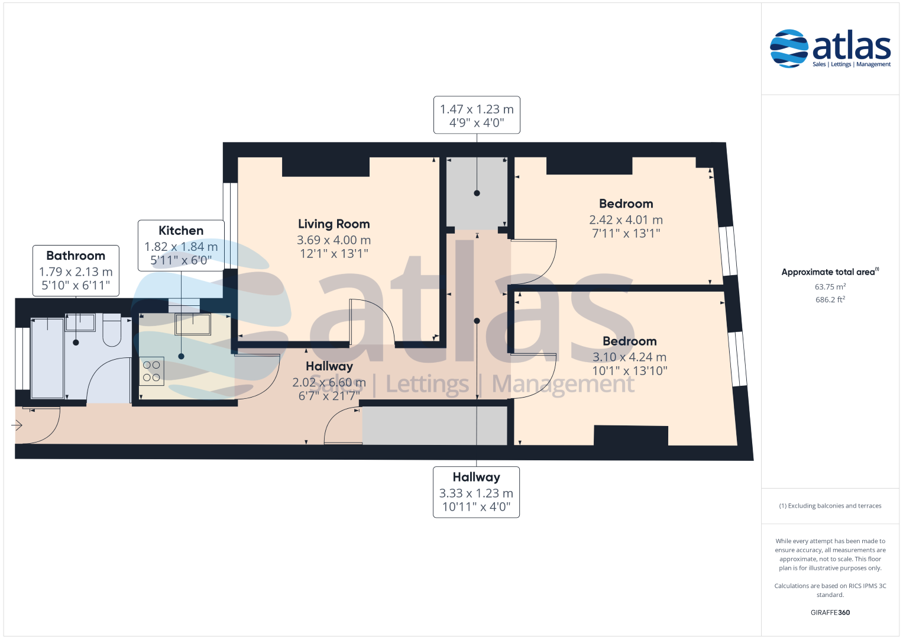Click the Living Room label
click(334, 224)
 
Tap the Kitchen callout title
click(181, 230)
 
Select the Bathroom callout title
click(76, 256)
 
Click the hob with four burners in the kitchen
click(151, 371)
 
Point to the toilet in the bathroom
click(112, 330)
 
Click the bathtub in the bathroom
click(47, 358)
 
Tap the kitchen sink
click(193, 324)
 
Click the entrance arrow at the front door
click(17, 425)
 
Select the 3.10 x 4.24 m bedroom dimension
click(629, 357)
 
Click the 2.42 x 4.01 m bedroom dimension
click(626, 220)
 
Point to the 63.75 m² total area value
click(830, 286)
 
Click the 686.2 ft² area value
click(830, 299)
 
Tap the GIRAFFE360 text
click(830, 612)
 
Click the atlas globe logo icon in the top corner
click(789, 49)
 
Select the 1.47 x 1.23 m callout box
click(477, 115)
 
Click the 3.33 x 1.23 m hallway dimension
click(476, 493)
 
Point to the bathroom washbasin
click(80, 322)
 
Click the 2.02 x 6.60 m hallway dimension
click(329, 382)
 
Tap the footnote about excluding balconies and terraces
click(830, 506)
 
